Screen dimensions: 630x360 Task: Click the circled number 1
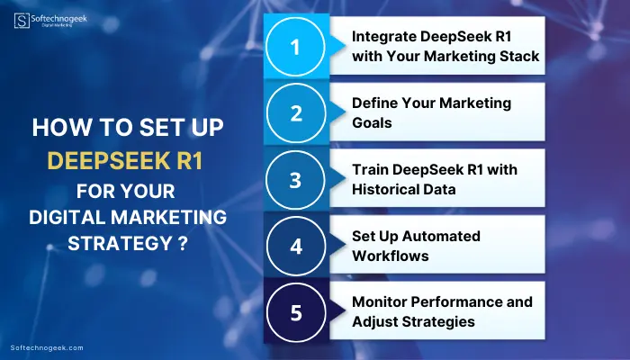[x=295, y=47]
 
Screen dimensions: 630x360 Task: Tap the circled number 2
[x=296, y=113]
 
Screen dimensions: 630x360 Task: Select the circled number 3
[x=295, y=180]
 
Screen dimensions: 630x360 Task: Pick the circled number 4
[x=296, y=247]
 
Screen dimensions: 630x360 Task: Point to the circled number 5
[x=296, y=312]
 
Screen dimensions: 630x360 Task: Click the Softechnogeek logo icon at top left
[x=22, y=21]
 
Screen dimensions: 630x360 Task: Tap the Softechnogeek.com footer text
[x=47, y=348]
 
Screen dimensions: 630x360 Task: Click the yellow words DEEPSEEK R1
[x=125, y=161]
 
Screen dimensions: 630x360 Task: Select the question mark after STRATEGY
[x=183, y=243]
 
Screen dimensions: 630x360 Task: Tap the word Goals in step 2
[x=372, y=122]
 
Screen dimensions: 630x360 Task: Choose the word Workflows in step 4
[x=391, y=256]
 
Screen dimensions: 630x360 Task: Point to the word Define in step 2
[x=374, y=103]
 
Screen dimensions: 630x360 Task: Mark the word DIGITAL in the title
[x=67, y=218]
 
